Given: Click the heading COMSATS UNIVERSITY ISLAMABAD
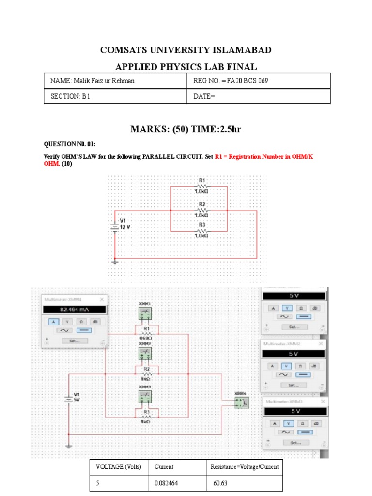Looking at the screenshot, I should [186, 50].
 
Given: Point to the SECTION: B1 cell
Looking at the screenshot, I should [71, 96].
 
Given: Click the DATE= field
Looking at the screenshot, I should [204, 96].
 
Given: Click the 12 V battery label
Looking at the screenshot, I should [125, 226].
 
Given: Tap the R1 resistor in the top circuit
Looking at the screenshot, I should [202, 186].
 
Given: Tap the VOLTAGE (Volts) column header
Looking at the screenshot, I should [119, 467].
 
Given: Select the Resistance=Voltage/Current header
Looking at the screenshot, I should [244, 467].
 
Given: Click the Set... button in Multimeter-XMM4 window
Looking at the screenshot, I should [75, 341].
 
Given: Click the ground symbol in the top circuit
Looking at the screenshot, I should [115, 262].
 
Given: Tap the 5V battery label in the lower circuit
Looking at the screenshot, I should [77, 400].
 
